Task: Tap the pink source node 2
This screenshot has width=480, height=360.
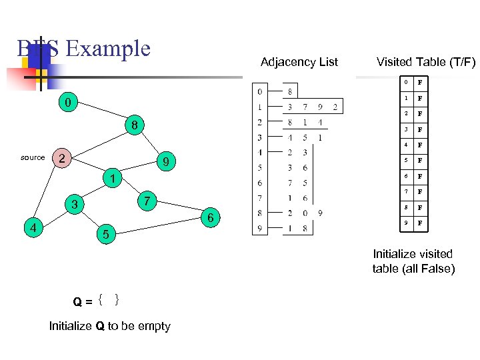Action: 61,159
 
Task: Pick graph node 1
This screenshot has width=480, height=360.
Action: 114,179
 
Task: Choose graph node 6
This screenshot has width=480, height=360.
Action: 211,218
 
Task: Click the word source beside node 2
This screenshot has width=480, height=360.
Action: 33,158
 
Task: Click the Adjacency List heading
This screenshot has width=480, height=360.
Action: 299,62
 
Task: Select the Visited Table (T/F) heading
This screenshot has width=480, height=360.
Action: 425,62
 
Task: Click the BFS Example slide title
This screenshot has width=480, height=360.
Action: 84,49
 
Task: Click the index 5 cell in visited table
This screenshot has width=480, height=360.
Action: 404,161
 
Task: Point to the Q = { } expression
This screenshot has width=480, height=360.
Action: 97,301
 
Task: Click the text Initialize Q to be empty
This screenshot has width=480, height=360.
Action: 110,326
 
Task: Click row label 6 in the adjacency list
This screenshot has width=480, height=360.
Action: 260,183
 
